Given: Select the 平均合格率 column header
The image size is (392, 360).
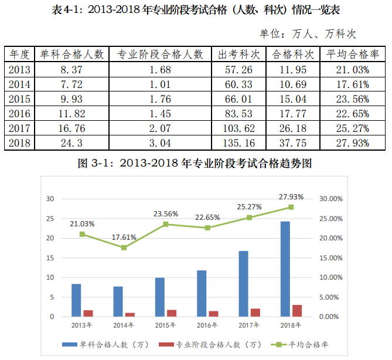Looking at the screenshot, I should click(352, 55).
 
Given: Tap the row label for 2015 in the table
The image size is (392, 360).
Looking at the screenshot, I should click(19, 99).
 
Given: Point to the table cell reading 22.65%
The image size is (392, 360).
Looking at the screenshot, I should click(352, 113).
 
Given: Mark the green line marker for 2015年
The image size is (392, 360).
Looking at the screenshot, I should click(166, 224).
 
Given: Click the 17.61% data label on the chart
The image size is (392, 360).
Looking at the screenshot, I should click(124, 237).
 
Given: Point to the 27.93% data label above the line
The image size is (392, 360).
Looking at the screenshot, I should click(292, 196).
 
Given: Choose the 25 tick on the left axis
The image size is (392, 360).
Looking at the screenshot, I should click(50, 219).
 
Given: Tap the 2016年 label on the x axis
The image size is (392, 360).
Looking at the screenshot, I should click(207, 325).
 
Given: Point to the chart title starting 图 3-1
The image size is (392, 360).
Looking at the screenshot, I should click(195, 164).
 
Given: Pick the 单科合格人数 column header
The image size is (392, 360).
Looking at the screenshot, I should click(71, 55).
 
